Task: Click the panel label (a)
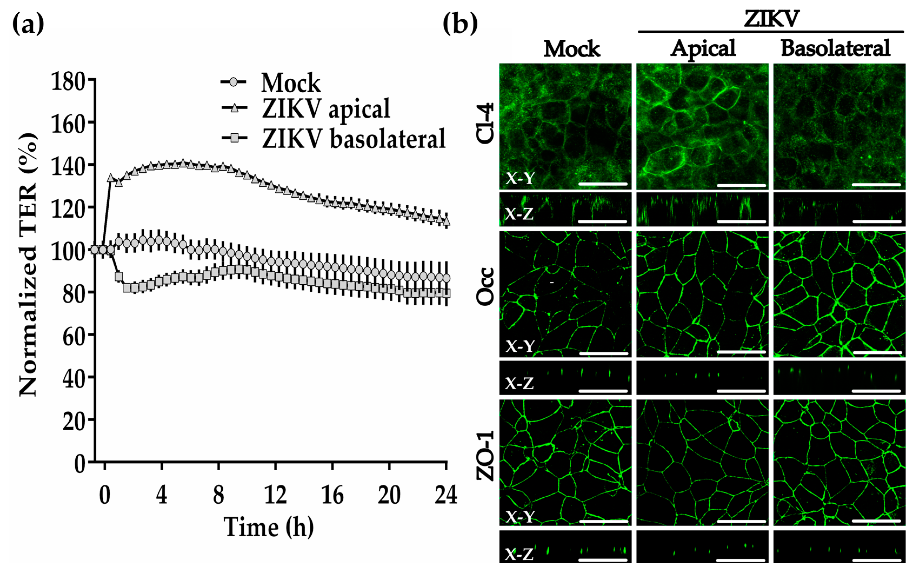click(28, 24)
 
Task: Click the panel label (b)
click(460, 24)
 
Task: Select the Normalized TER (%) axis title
click(28, 265)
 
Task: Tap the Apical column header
click(703, 48)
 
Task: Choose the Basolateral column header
click(835, 48)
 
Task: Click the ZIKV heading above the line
click(771, 18)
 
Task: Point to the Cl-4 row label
click(485, 123)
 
